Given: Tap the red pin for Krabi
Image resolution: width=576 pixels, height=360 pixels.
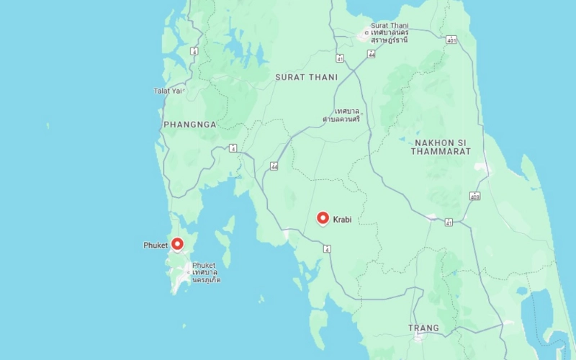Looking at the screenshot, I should click(323, 217).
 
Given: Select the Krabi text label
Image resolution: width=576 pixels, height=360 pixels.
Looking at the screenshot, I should click(342, 219).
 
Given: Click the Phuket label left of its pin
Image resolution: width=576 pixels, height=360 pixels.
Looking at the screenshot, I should click(156, 246).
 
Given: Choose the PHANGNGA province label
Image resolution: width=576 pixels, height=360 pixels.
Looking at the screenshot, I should click(190, 125).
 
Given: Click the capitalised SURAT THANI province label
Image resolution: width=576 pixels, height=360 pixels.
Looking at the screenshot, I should click(306, 77).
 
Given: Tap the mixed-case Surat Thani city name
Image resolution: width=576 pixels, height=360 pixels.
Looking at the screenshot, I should click(390, 26).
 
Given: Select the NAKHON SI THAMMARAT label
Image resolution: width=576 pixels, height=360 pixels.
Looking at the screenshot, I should click(441, 147).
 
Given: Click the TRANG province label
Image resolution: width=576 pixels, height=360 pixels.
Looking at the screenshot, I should click(423, 328).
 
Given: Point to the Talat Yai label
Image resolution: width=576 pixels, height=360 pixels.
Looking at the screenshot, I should click(167, 91).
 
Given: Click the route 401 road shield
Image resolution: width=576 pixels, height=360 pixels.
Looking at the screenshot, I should click(451, 40).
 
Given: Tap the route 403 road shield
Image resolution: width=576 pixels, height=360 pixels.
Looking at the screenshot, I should click(475, 196).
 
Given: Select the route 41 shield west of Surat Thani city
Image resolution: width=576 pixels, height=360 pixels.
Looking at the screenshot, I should click(339, 58).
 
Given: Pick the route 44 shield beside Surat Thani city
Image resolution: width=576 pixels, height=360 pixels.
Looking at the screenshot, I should click(372, 54).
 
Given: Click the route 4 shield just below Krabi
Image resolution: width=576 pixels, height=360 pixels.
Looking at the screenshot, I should click(327, 248).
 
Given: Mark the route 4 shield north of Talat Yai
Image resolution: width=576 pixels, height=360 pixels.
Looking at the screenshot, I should click(194, 51).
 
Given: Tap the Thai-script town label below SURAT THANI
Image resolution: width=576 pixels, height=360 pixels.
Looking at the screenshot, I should click(341, 114).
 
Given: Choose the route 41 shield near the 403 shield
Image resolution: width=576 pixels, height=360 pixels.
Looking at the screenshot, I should click(449, 222).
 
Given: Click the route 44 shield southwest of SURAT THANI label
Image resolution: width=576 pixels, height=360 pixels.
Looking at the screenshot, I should click(274, 166).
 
